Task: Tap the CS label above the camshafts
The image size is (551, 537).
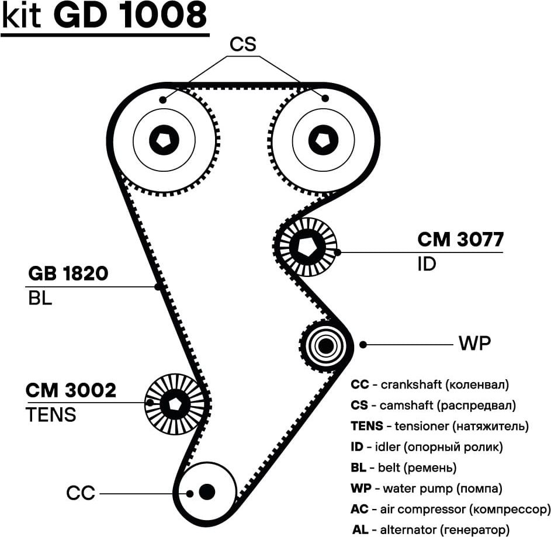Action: pyautogui.click(x=243, y=44)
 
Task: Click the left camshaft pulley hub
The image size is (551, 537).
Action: pyautogui.click(x=164, y=140)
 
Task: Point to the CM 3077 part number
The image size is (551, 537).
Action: pyautogui.click(x=460, y=240)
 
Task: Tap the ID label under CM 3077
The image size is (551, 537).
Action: pyautogui.click(x=427, y=265)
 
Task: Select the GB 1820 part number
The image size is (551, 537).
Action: pyautogui.click(x=68, y=273)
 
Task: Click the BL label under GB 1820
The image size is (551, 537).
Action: pyautogui.click(x=40, y=299)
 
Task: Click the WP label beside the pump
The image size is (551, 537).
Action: pyautogui.click(x=474, y=344)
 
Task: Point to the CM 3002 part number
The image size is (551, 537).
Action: pyautogui.click(x=71, y=390)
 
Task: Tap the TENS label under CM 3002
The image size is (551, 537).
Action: pyautogui.click(x=51, y=415)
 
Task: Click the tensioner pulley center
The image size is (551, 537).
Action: pyautogui.click(x=174, y=404)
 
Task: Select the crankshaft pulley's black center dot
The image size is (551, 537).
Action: pyautogui.click(x=206, y=492)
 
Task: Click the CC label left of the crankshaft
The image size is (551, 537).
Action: pyautogui.click(x=80, y=494)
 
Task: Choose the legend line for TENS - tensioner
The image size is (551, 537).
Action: pyautogui.click(x=439, y=426)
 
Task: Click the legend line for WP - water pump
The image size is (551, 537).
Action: pyautogui.click(x=426, y=488)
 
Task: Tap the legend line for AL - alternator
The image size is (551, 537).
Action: pyautogui.click(x=428, y=530)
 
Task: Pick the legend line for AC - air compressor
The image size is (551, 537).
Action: pyautogui.click(x=450, y=509)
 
